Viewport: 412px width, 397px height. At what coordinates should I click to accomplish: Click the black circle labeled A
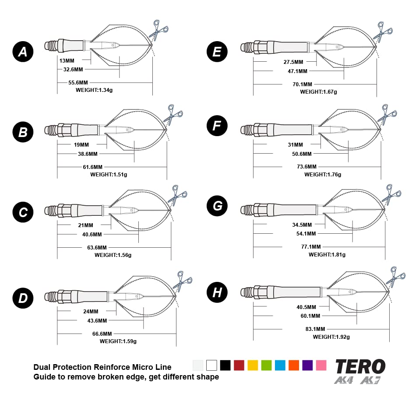point(22,52)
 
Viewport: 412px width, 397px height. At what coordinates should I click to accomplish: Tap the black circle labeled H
point(217,292)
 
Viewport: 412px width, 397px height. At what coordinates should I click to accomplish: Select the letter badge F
point(217,126)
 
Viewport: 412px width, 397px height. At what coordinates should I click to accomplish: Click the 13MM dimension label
point(67,61)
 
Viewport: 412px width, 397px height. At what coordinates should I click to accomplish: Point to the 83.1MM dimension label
point(315,329)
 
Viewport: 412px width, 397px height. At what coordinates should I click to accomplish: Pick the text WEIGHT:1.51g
point(109,174)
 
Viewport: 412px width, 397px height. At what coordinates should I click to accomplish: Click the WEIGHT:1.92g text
point(331,337)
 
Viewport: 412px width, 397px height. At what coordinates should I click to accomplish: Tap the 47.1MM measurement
point(297,71)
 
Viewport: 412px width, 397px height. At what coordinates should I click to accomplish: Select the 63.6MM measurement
point(97,247)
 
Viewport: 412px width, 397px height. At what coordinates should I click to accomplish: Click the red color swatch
point(239,365)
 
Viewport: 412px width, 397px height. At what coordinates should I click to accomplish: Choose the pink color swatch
point(321,365)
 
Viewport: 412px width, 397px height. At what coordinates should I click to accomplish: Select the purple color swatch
point(307,365)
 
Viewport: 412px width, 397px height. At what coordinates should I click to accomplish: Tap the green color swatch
point(266,365)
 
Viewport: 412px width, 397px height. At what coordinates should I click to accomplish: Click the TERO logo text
point(360,366)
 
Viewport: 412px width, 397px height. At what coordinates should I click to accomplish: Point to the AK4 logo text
point(344,380)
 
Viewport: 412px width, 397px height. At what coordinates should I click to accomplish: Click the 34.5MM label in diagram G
point(302,225)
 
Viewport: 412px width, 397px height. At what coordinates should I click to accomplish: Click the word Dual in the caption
point(42,367)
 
